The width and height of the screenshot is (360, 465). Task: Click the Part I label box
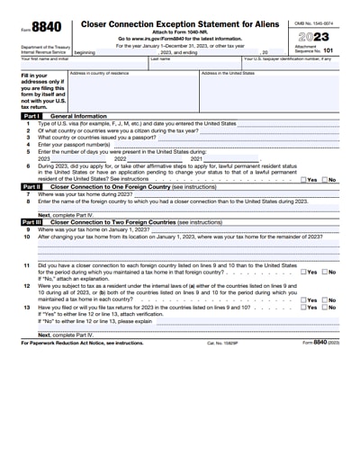click(x=31, y=117)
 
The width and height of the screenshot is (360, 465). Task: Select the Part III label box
click(x=31, y=221)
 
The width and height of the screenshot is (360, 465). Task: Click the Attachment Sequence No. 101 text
click(x=321, y=52)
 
